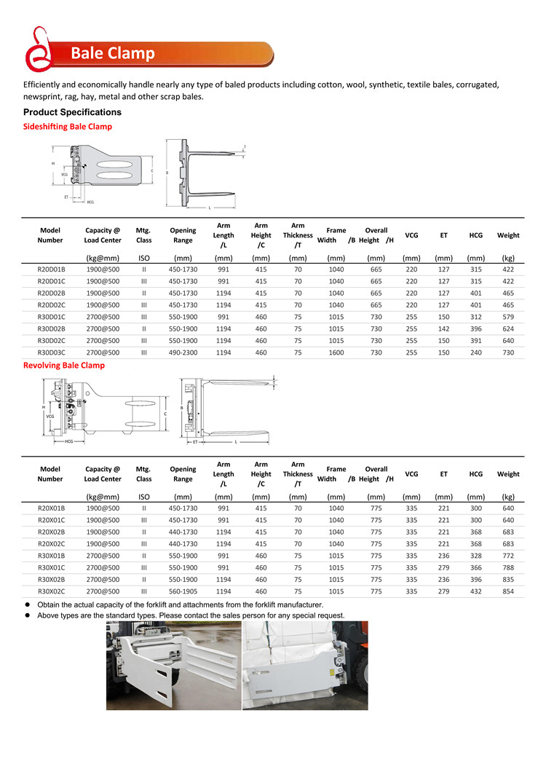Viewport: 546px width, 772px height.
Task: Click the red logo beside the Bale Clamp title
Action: [36, 50]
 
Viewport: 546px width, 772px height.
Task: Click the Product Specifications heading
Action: [72, 112]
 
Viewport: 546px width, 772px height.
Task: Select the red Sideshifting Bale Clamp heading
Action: [68, 127]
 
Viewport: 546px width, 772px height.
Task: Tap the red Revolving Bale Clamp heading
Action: [64, 366]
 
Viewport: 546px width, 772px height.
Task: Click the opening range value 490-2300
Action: [183, 352]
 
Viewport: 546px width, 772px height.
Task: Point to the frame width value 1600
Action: [336, 352]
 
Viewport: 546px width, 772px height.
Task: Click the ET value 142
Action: [443, 328]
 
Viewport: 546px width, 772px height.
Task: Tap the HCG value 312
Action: [475, 317]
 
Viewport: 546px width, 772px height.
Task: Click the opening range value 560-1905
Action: [183, 591]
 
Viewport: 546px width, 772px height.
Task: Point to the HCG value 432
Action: [475, 591]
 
